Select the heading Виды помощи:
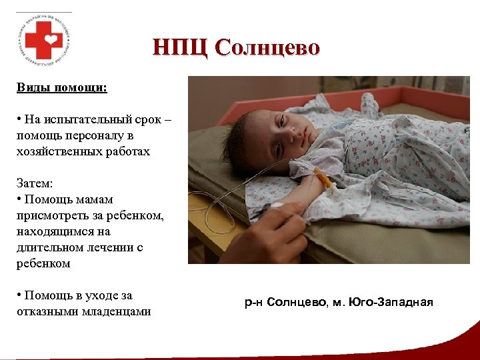tap(62, 87)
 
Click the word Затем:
tap(35, 183)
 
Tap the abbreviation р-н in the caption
tap(253, 303)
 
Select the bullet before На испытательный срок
tap(20, 119)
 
